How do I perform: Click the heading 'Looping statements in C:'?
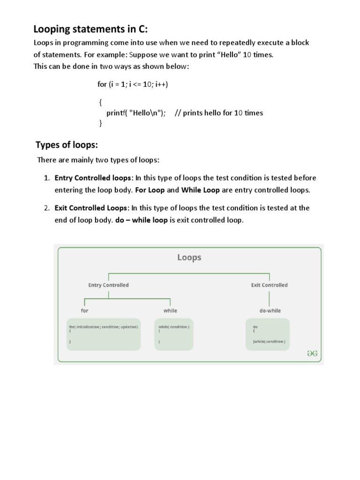click(x=90, y=29)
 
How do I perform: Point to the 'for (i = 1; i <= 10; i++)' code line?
click(x=133, y=84)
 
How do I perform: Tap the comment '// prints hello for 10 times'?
click(x=218, y=112)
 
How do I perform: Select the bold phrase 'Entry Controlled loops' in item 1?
click(x=94, y=178)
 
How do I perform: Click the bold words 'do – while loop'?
click(x=141, y=220)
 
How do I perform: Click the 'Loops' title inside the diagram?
click(x=189, y=257)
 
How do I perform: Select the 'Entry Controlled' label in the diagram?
click(x=108, y=285)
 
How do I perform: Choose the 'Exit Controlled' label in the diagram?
click(x=269, y=285)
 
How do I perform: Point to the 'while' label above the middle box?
click(x=170, y=310)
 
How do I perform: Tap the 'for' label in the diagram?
click(x=84, y=310)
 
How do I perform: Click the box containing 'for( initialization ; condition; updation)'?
click(x=104, y=334)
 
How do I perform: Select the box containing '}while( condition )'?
click(x=268, y=334)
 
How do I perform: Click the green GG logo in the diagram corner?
click(x=312, y=354)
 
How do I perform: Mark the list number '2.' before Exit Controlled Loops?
click(x=47, y=208)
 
